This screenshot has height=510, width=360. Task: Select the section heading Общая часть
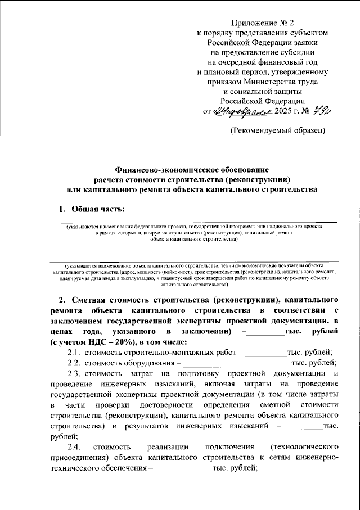[97, 209]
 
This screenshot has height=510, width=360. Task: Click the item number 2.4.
[74, 447]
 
